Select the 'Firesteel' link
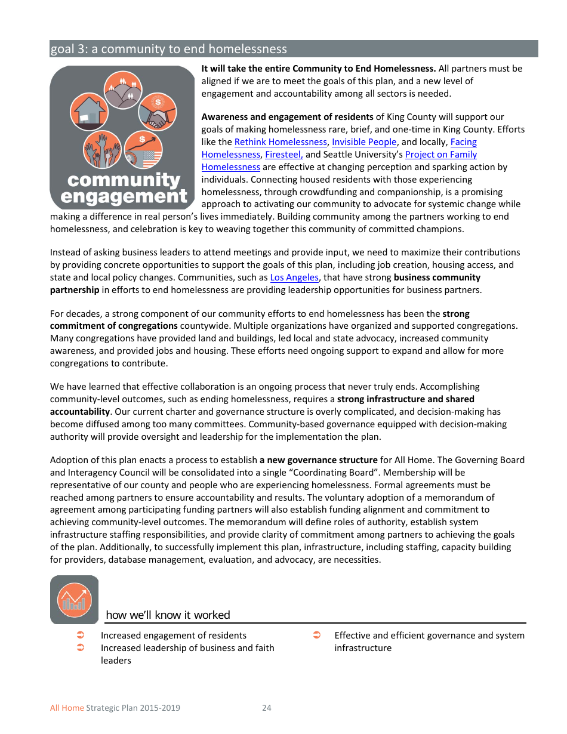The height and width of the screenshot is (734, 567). pyautogui.click(x=283, y=155)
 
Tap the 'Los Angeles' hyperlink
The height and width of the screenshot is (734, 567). pyautogui.click(x=294, y=277)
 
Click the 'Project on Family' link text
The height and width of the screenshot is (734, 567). pyautogui.click(x=440, y=155)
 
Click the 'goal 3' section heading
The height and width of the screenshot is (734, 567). pyautogui.click(x=169, y=49)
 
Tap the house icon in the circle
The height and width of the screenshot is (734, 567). pyautogui.click(x=89, y=112)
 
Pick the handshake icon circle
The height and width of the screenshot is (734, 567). pyautogui.click(x=158, y=112)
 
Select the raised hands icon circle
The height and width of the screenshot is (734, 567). pyautogui.click(x=102, y=150)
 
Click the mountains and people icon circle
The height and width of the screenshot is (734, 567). pyautogui.click(x=123, y=90)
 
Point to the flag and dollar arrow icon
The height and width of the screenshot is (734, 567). pyautogui.click(x=143, y=150)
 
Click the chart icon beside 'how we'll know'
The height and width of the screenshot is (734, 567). pyautogui.click(x=74, y=599)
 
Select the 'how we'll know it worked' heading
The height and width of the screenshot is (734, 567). pyautogui.click(x=168, y=615)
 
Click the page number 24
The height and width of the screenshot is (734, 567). pyautogui.click(x=267, y=708)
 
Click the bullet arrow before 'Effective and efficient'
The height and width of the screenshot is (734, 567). pyautogui.click(x=317, y=635)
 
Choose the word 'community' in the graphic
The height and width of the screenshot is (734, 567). pyautogui.click(x=124, y=180)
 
